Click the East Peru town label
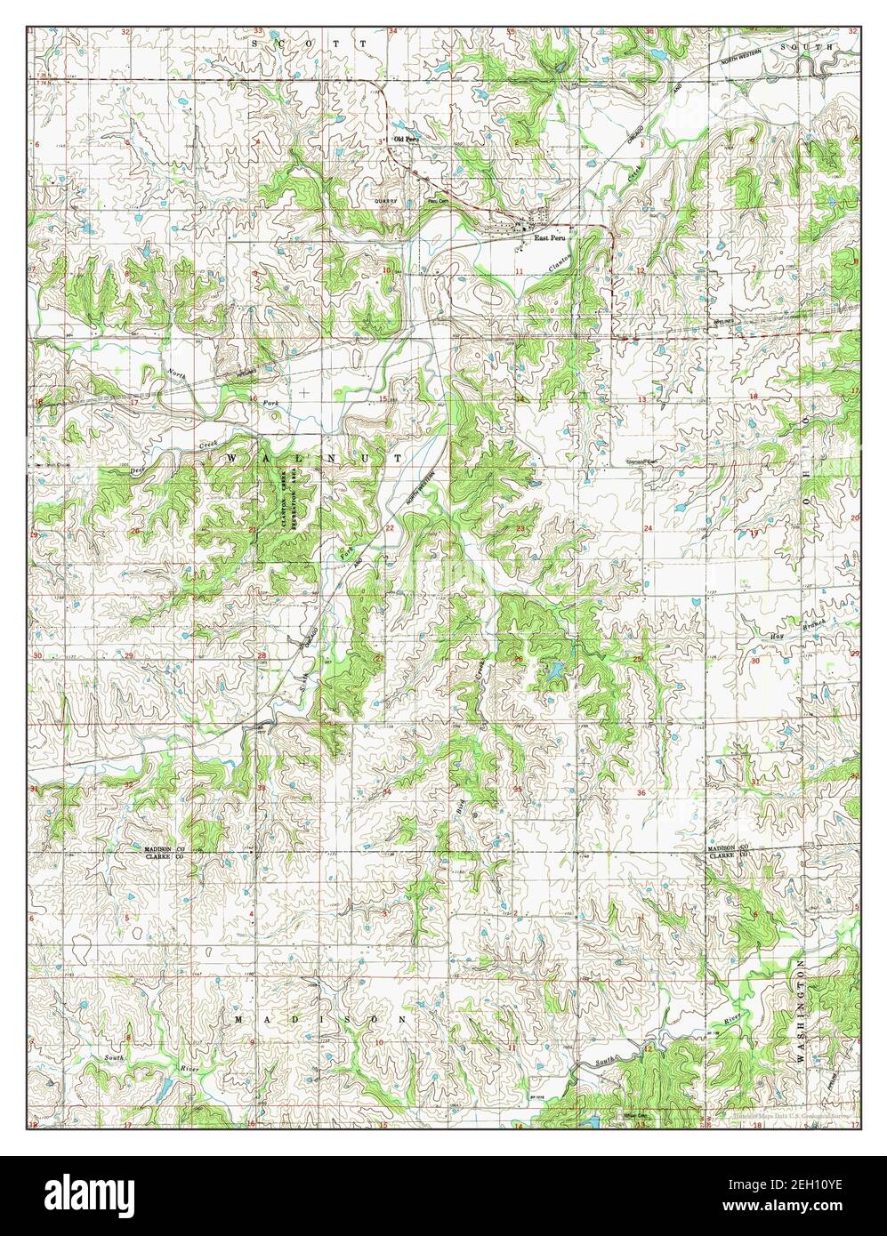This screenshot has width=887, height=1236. tap(550, 238)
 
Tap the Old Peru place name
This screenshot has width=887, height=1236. tap(406, 140)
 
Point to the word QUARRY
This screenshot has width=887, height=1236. tap(384, 202)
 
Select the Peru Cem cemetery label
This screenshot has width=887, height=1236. tap(435, 202)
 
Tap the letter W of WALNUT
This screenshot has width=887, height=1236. tap(232, 457)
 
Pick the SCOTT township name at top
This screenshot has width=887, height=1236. tap(309, 43)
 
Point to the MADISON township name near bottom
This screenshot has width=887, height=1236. tap(321, 1018)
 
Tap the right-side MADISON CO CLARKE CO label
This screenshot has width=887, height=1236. tap(728, 852)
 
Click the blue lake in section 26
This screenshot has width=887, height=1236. tap(552, 670)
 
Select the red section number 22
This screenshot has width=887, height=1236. tap(389, 528)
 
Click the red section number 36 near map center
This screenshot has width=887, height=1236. tap(641, 792)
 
